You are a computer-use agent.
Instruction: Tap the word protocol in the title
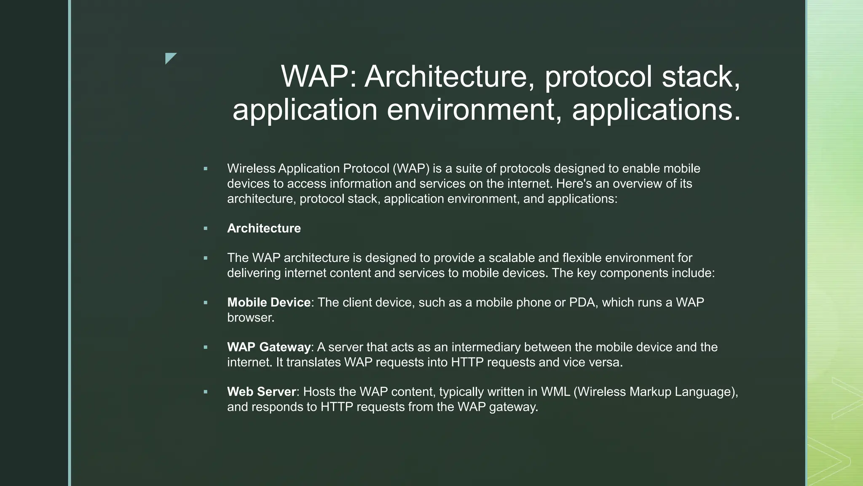tap(598, 77)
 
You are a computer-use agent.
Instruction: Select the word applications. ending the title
tap(656, 110)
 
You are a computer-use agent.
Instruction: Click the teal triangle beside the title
tap(171, 58)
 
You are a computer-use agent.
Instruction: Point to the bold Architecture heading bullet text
tap(264, 228)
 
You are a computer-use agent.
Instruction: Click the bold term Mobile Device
tap(269, 302)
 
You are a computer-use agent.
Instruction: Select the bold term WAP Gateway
tap(269, 347)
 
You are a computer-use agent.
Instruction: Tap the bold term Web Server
tap(262, 392)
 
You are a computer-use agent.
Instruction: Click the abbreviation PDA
tap(583, 302)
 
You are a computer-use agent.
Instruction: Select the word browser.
tap(251, 318)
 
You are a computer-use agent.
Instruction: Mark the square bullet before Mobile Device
tap(206, 302)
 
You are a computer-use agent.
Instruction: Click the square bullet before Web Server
tap(206, 392)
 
